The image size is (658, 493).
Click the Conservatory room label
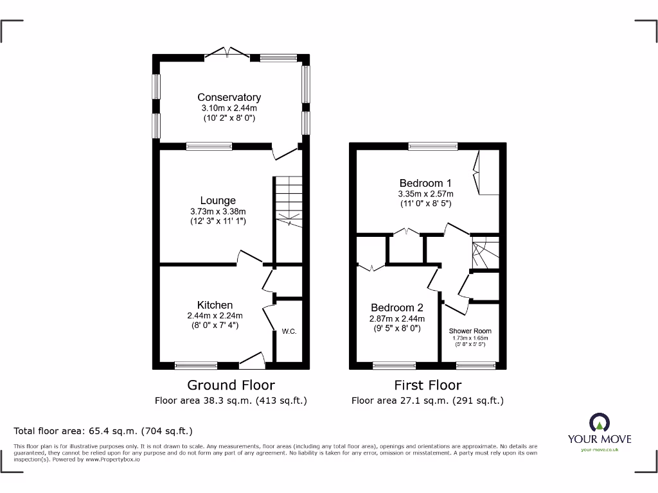[229, 98]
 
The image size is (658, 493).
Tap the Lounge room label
[218, 201]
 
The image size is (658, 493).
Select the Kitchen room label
[215, 305]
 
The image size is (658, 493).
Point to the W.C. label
[289, 331]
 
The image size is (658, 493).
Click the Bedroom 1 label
[425, 184]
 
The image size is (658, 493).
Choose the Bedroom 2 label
[397, 307]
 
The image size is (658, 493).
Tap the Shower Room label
[470, 331]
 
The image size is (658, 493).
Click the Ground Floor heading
[231, 385]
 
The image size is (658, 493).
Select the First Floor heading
[427, 385]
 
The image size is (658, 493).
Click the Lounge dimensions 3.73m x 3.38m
[218, 211]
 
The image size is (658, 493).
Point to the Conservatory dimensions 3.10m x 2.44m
[229, 108]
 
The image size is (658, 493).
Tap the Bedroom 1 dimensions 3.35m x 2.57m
[425, 194]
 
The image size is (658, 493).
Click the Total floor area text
[103, 431]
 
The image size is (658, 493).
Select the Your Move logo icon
[599, 422]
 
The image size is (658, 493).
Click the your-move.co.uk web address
[599, 450]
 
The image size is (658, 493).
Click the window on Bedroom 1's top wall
[433, 146]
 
